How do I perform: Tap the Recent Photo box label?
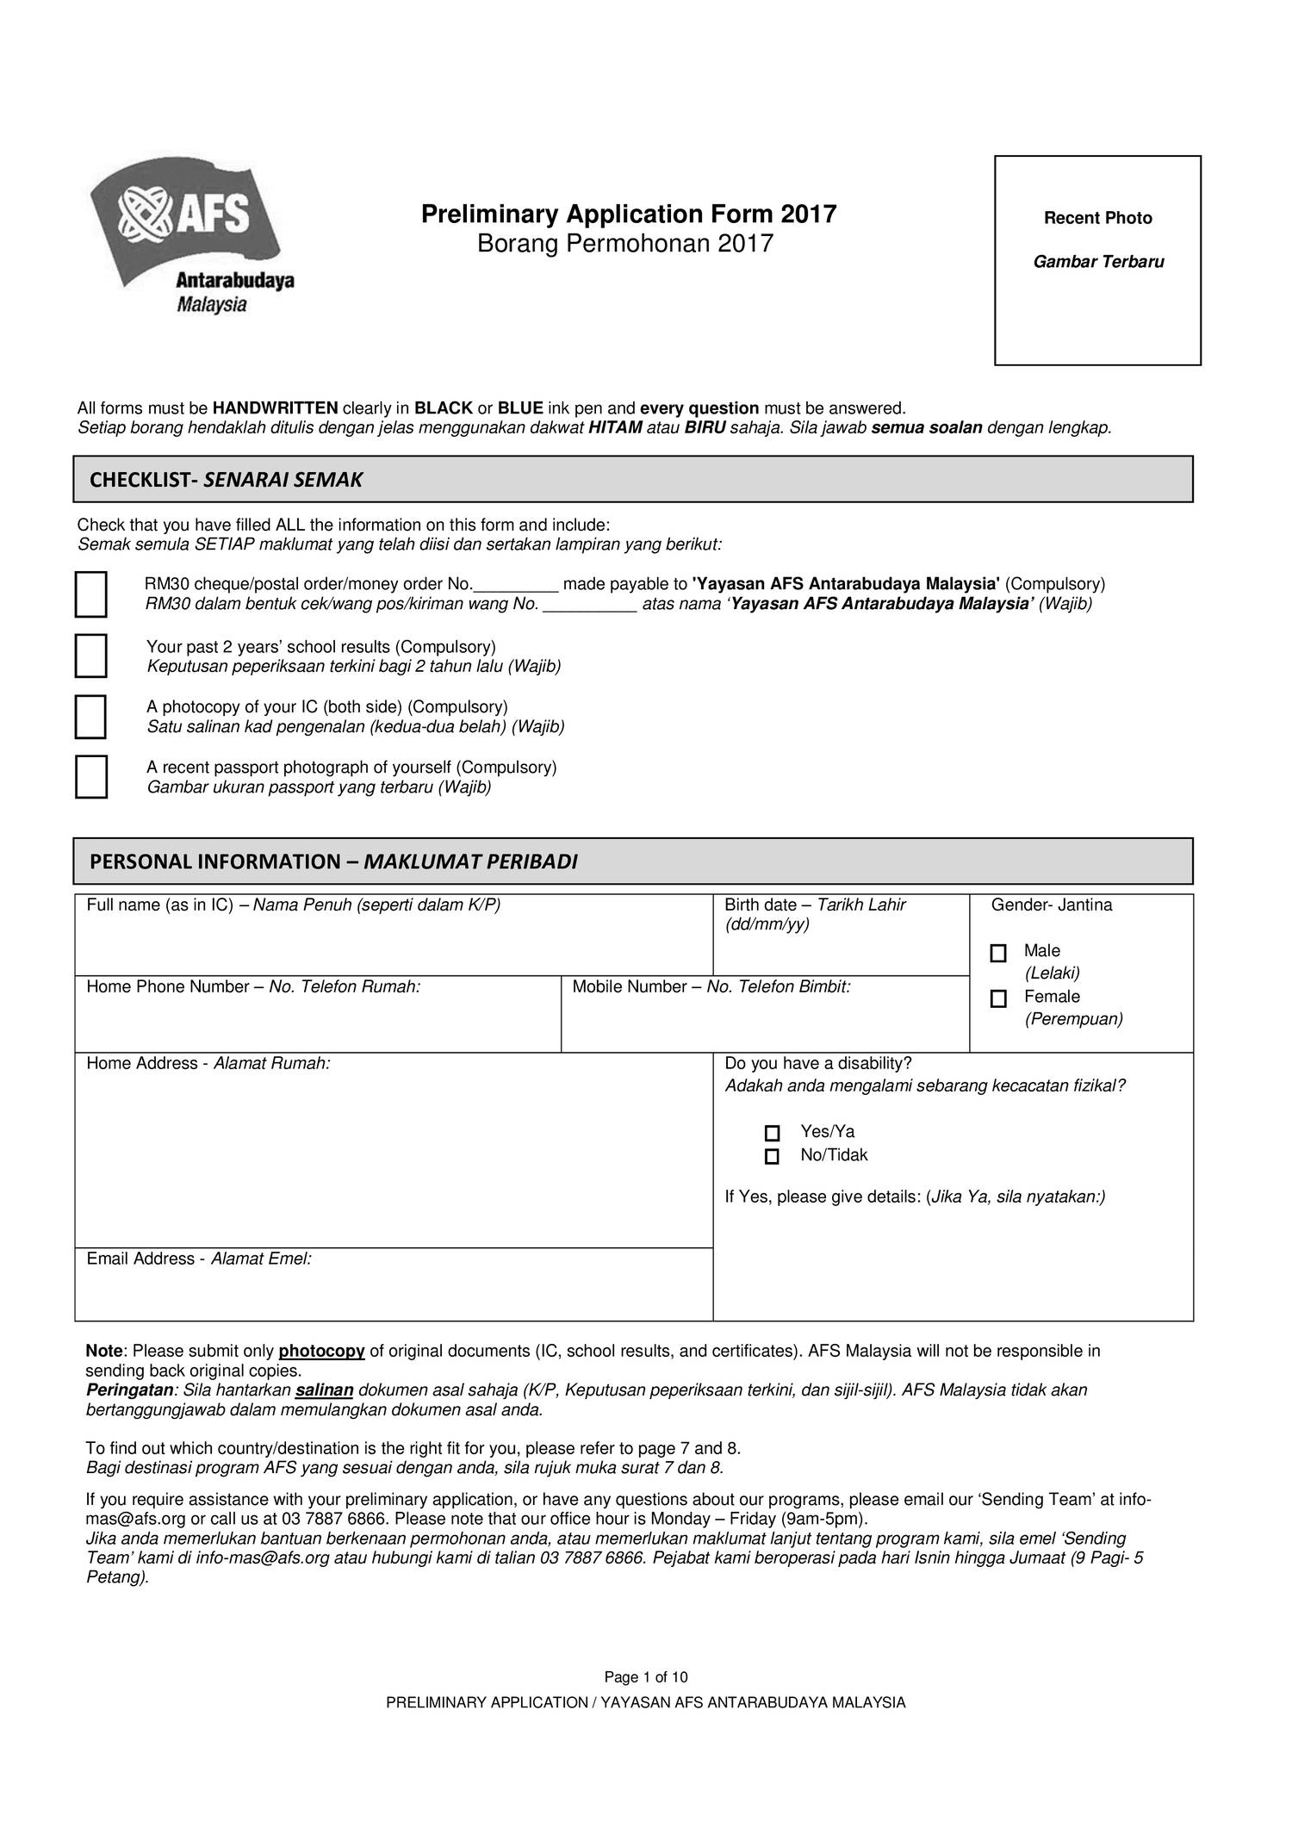coord(1097,219)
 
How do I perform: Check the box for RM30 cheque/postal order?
coord(90,594)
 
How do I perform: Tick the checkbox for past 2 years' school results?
coord(90,656)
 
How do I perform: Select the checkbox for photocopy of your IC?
coord(90,717)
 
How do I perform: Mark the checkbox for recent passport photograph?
coord(90,777)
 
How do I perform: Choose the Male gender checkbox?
coord(998,954)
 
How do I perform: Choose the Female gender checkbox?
coord(998,999)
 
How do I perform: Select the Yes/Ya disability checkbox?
coord(772,1134)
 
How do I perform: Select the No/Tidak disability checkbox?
coord(772,1157)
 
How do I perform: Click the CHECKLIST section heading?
coord(226,480)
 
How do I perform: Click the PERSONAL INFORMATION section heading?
coord(333,861)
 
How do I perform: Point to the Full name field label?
coord(293,905)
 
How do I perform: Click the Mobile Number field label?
coord(711,987)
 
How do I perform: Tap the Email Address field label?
coord(198,1259)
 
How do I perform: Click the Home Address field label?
coord(208,1064)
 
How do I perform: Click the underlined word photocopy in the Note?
coord(321,1351)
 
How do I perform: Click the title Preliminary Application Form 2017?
coord(629,214)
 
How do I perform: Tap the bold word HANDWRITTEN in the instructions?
coord(275,408)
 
